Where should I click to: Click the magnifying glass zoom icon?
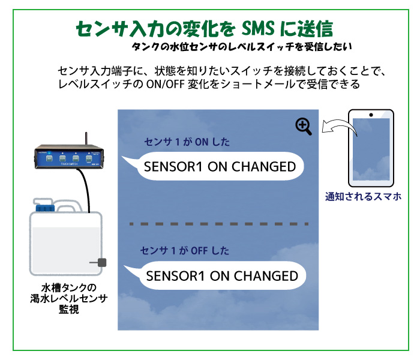click(304, 125)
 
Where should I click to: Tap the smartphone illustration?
click(371, 148)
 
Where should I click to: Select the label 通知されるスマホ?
click(363, 196)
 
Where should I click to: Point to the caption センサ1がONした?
click(187, 142)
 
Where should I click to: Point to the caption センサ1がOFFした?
click(185, 250)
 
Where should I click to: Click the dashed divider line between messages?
click(217, 224)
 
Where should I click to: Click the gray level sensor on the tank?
click(102, 262)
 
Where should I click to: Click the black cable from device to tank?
click(88, 189)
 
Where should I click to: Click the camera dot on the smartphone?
click(371, 115)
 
